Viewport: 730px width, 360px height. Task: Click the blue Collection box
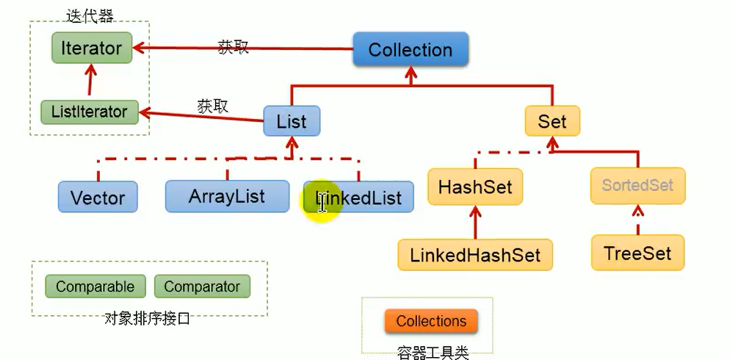[411, 50]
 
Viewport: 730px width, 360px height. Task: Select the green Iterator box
[92, 48]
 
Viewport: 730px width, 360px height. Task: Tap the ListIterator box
[89, 112]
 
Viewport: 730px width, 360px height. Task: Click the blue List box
[292, 121]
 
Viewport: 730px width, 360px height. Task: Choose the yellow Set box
[552, 121]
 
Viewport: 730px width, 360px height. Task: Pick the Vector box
[98, 197]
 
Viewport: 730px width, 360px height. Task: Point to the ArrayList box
[227, 196]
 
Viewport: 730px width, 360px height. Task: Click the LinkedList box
[359, 198]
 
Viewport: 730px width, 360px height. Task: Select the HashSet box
[475, 187]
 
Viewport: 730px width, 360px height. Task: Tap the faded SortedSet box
[637, 185]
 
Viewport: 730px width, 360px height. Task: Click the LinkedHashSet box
[475, 255]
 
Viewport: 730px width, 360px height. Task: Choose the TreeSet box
[637, 253]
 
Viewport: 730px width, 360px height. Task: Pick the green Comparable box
[95, 287]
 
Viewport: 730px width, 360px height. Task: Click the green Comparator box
[202, 287]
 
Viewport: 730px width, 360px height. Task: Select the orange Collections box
[431, 321]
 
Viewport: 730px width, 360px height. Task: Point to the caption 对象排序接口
[147, 318]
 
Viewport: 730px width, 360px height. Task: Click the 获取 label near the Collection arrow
[234, 47]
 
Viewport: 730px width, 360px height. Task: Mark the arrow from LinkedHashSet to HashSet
[475, 221]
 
